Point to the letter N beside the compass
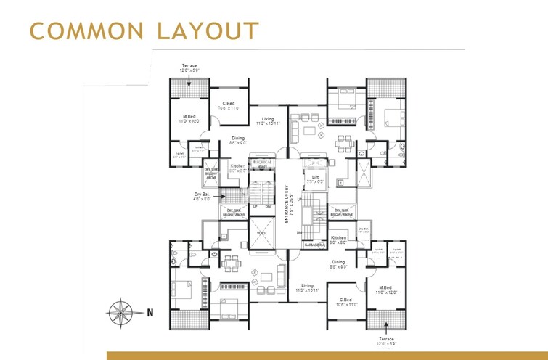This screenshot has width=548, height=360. (150, 314)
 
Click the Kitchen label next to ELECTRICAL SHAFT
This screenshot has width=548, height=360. (237, 167)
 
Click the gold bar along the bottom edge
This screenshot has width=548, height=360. (327, 356)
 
